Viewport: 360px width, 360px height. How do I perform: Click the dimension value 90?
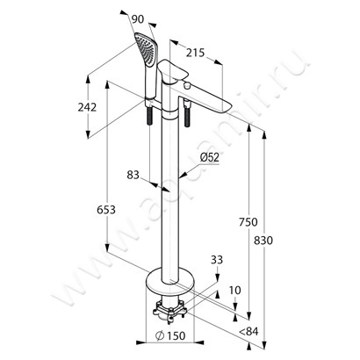138,19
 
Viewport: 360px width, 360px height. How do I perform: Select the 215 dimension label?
195,53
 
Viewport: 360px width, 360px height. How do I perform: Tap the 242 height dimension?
87,107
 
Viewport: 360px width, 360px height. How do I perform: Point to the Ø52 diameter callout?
210,157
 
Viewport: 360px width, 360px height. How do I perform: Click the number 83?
133,176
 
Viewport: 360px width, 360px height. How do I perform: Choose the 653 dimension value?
106,210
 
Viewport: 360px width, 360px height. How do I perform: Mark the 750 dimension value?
248,222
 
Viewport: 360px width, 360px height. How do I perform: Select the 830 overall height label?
263,241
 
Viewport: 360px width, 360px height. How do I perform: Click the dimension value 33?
217,260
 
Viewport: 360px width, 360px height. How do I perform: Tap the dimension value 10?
235,291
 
